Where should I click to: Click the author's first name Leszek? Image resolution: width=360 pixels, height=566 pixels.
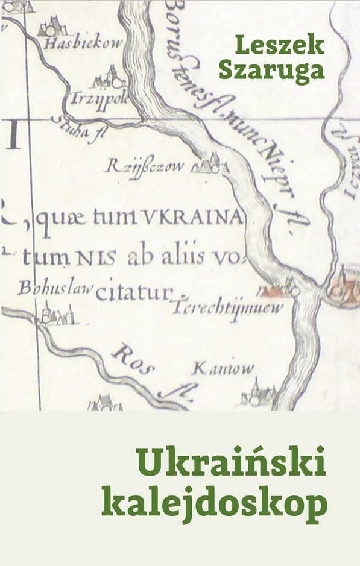coord(279,45)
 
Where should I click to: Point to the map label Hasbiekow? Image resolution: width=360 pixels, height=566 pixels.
coord(84,43)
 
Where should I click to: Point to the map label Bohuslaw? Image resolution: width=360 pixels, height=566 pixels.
coord(55,288)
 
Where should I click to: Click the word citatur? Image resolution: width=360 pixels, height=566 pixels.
coord(134,294)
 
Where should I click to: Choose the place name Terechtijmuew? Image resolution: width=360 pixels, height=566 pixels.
coord(228,309)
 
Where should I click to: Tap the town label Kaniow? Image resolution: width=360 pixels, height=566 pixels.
coord(223,368)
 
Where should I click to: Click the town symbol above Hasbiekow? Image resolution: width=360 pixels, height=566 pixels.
coord(52,25)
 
